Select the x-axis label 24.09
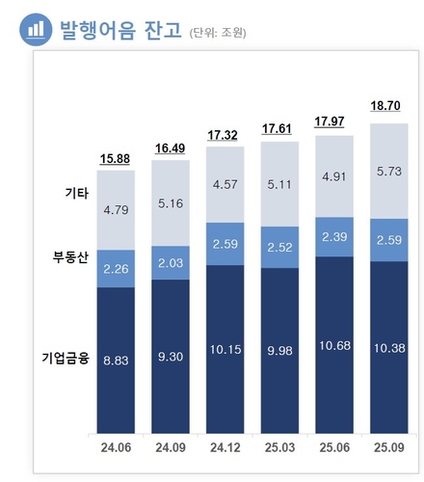(x=170, y=446)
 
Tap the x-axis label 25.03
(x=279, y=446)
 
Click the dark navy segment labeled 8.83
(x=116, y=359)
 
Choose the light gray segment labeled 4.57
(x=225, y=185)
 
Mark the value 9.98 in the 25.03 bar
(x=279, y=348)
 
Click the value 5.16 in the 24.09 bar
(x=171, y=203)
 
